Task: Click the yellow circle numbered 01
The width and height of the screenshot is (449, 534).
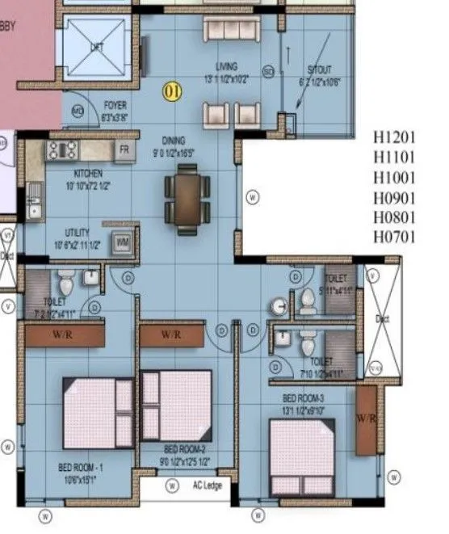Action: click(171, 91)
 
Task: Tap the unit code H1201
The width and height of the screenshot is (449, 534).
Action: click(396, 137)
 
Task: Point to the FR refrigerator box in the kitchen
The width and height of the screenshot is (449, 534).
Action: click(124, 149)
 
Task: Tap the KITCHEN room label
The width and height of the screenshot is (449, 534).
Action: click(87, 173)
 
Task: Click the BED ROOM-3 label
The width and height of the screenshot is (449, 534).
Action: click(303, 398)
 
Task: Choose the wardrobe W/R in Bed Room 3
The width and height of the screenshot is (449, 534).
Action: click(366, 418)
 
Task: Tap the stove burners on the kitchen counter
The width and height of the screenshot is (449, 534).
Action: click(61, 149)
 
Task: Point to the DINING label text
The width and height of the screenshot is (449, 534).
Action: click(174, 138)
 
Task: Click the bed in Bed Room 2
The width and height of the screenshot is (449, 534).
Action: click(176, 406)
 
